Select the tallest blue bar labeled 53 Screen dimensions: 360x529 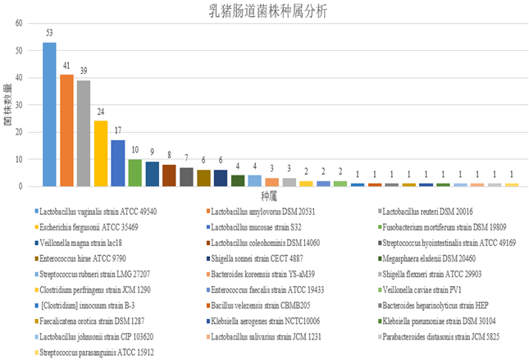(x=49, y=115)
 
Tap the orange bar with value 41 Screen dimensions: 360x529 (x=66, y=130)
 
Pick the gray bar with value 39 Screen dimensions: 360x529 (x=84, y=134)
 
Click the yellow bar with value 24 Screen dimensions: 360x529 (x=101, y=153)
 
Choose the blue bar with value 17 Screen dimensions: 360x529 (x=118, y=163)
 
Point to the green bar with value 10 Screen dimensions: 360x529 (x=135, y=173)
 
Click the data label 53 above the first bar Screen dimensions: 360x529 (x=49, y=34)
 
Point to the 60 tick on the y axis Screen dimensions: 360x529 (x=17, y=23)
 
